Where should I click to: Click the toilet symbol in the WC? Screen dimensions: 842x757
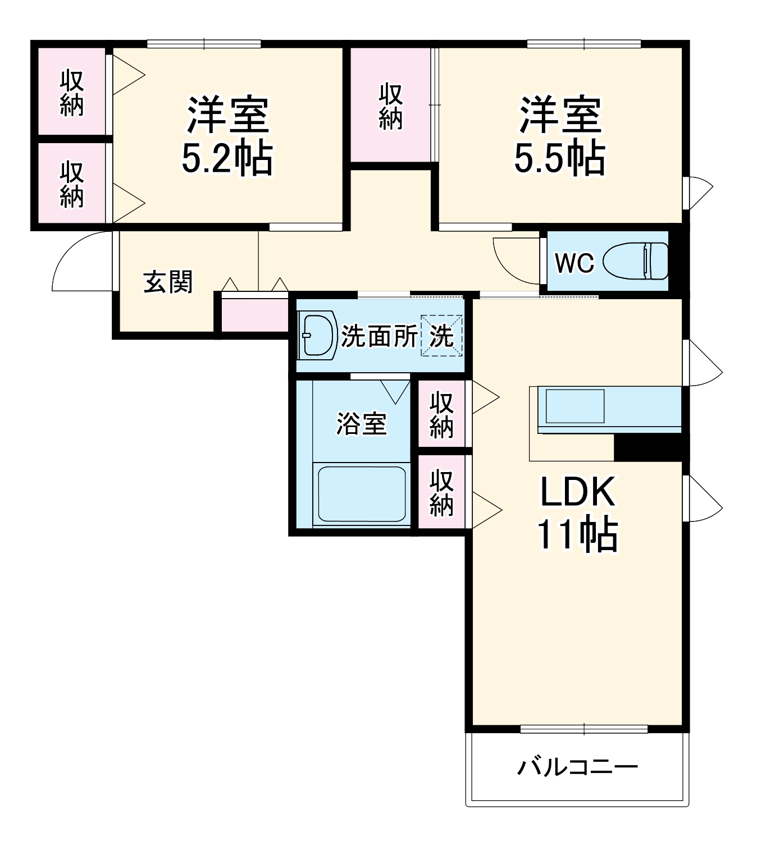click(x=637, y=261)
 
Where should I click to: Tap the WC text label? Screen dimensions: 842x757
click(x=574, y=262)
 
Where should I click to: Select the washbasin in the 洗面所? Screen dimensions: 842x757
click(x=317, y=335)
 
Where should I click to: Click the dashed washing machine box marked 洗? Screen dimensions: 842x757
click(x=442, y=336)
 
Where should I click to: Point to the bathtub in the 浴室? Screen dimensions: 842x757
click(x=362, y=495)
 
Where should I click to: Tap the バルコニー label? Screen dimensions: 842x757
click(x=577, y=767)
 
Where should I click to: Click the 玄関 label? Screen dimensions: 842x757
click(x=168, y=282)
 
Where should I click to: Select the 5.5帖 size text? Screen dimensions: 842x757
click(x=560, y=158)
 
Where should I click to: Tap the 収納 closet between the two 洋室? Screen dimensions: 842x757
click(x=390, y=107)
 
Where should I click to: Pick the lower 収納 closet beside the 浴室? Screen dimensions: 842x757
click(x=441, y=492)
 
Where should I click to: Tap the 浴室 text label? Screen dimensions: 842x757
click(x=361, y=423)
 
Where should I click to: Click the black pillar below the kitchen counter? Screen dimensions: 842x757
click(x=650, y=447)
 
